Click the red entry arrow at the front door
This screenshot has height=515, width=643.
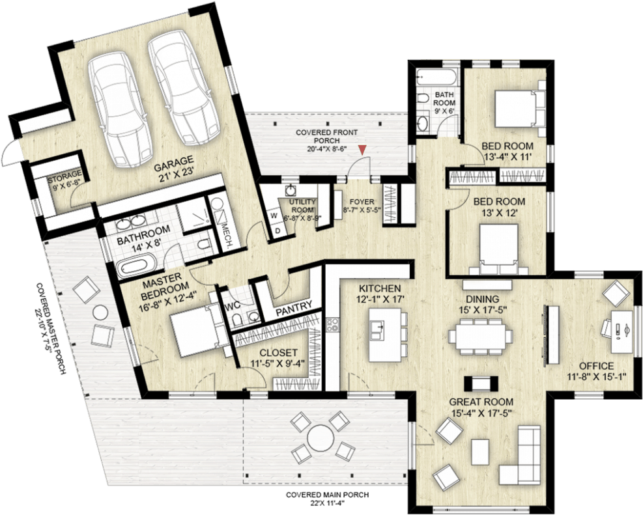coord(362,150)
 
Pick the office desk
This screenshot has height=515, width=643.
coord(622,331)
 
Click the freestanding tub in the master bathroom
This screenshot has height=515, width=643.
coord(137,266)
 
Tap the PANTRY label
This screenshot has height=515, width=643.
coord(294,308)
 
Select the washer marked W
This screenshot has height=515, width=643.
coord(274,215)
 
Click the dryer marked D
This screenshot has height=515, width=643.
coord(278,230)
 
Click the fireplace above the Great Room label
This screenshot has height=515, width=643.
coord(481,383)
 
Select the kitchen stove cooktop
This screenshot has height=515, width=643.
coord(332,325)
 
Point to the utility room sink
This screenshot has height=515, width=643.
coord(291,190)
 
